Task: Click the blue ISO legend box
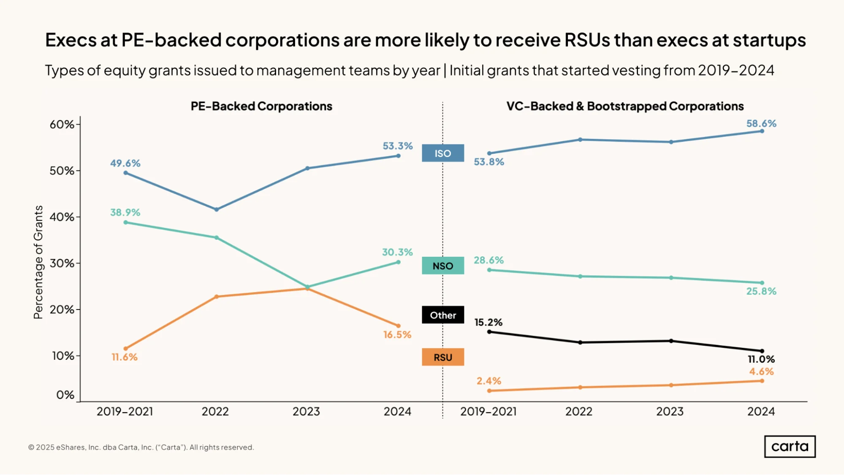coord(443,153)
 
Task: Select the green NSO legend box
coord(443,266)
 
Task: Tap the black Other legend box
coord(443,315)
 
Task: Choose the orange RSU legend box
coord(443,357)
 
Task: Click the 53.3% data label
coord(398,146)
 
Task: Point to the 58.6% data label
coord(761,124)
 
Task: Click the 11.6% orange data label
coord(125,357)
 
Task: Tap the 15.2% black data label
coord(488,323)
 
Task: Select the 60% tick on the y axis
coord(62,125)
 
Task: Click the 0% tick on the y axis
coord(65,395)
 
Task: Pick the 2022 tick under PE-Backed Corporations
coord(215,412)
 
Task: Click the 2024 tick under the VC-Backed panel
coord(761,412)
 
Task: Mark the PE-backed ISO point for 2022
coord(217,209)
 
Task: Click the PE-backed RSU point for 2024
coord(398,326)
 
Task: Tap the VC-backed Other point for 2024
coord(762,351)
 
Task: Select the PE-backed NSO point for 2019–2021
coord(125,223)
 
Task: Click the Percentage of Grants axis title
coord(38,262)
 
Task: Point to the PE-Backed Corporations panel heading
coord(261,106)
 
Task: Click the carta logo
coord(790,447)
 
